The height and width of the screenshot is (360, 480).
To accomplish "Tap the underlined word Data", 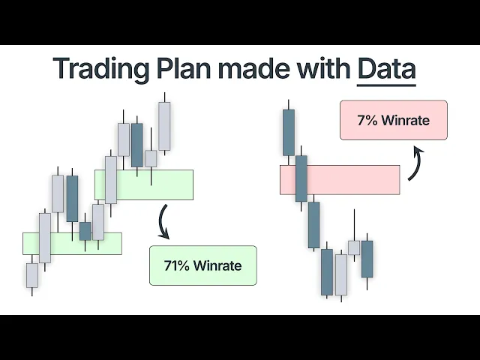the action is coord(386,69).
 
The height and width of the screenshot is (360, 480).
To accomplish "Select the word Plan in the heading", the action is coord(179,69).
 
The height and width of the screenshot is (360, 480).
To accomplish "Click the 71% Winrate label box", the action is coord(202,265).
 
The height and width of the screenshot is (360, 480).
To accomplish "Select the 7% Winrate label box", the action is coord(393,120).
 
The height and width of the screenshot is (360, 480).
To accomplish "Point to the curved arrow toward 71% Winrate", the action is coord(163,223).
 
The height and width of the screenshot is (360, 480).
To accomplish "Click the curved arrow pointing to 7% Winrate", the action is coord(415,165).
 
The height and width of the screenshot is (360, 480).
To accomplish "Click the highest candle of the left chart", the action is coord(164,126).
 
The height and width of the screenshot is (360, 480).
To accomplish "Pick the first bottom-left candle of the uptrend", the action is coord(31,274).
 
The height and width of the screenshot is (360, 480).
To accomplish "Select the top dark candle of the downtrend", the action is coord(288,132).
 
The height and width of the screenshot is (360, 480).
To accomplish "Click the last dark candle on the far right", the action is coord(367,259).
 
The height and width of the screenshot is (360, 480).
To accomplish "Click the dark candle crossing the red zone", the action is coord(301,178).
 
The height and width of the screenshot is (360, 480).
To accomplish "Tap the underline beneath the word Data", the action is coord(386,84).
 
